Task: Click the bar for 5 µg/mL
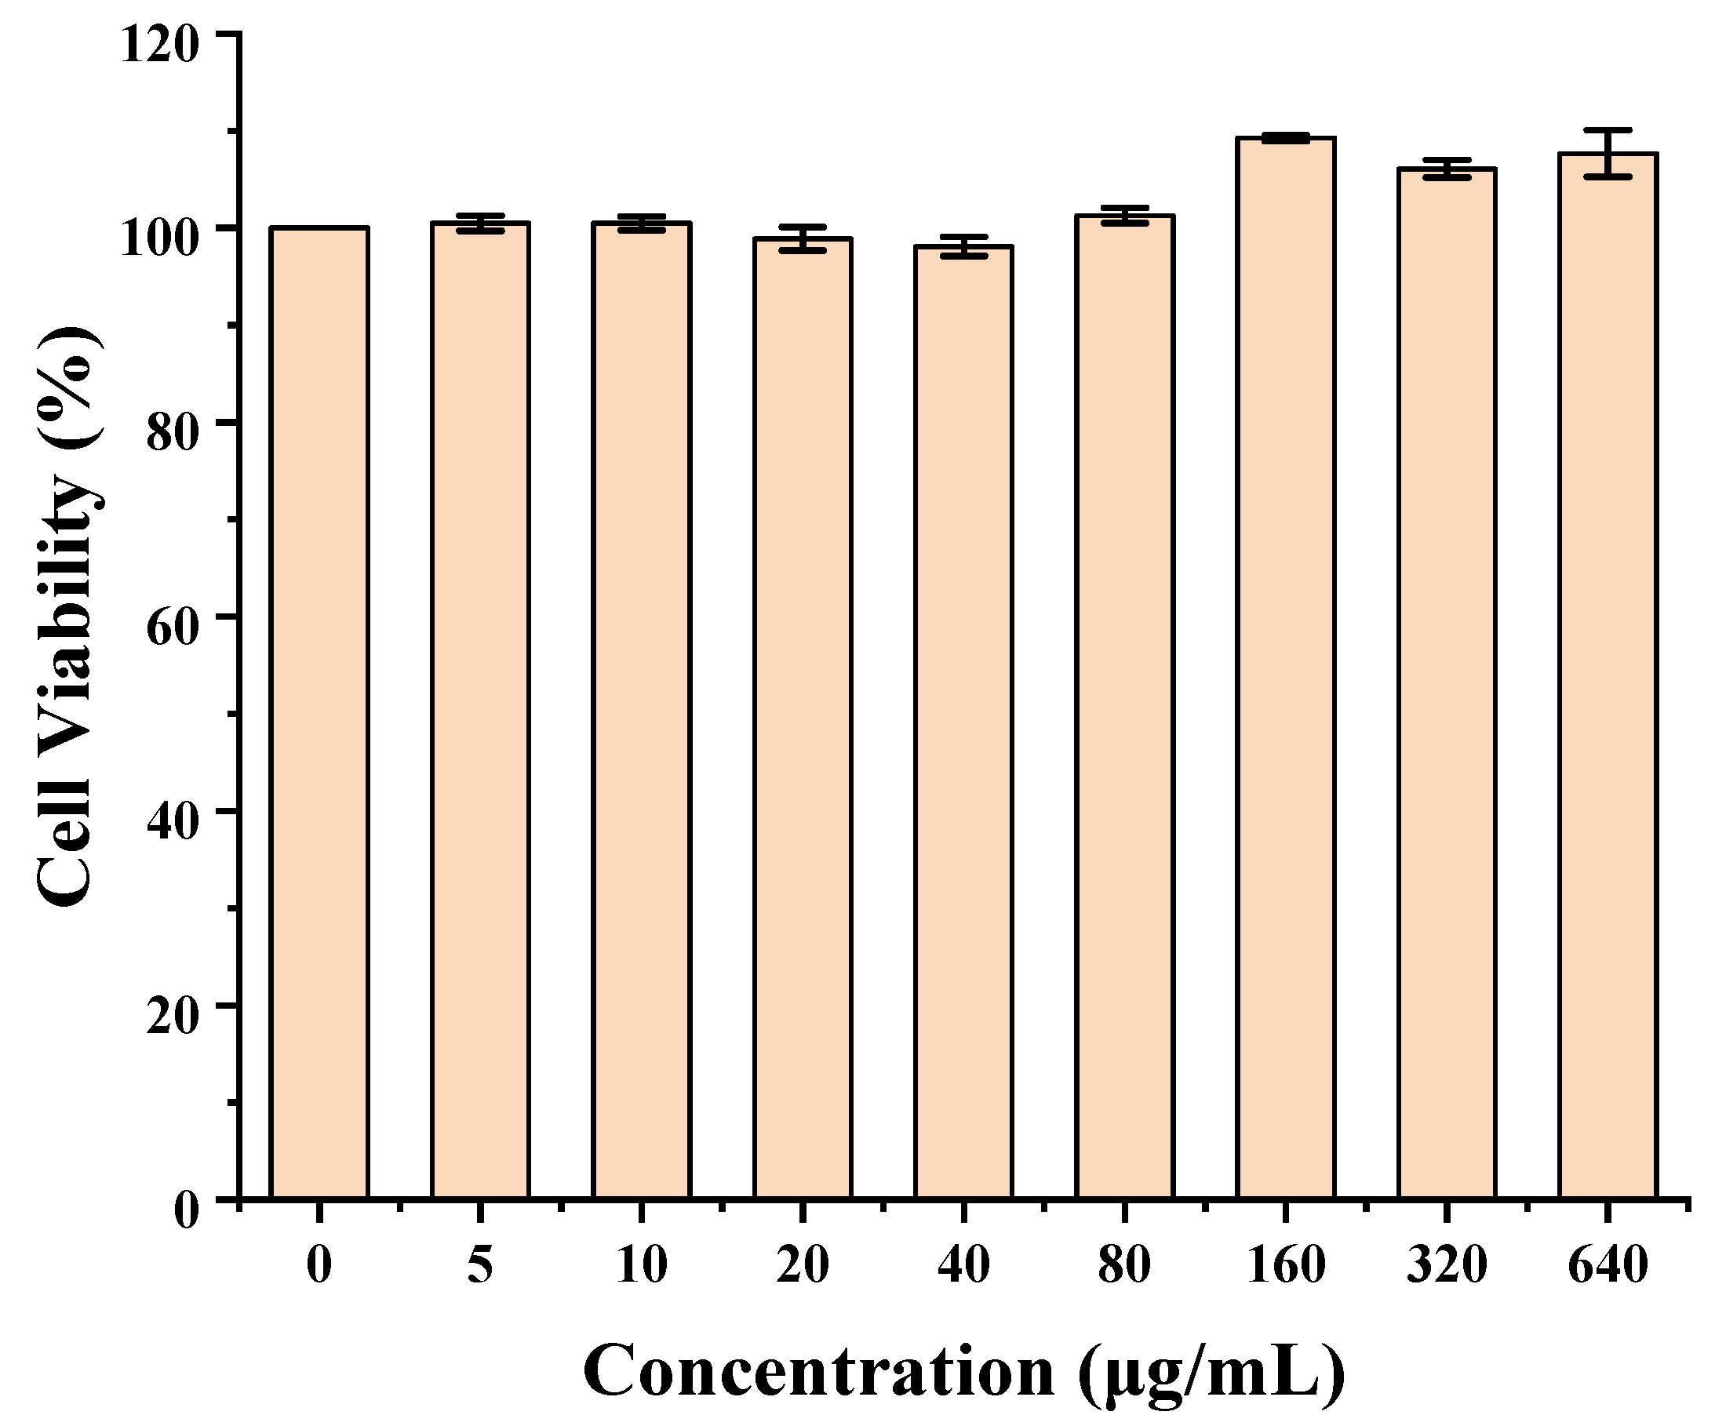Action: [480, 710]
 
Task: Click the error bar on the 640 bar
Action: [1608, 153]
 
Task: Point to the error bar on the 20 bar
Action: [803, 238]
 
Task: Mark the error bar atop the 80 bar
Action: [1124, 216]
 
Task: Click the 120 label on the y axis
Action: [160, 44]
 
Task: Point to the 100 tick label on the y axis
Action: [160, 238]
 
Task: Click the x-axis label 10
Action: [642, 1265]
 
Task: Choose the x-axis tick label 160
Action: [1285, 1265]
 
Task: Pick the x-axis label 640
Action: [1608, 1265]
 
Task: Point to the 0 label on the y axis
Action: [186, 1211]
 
